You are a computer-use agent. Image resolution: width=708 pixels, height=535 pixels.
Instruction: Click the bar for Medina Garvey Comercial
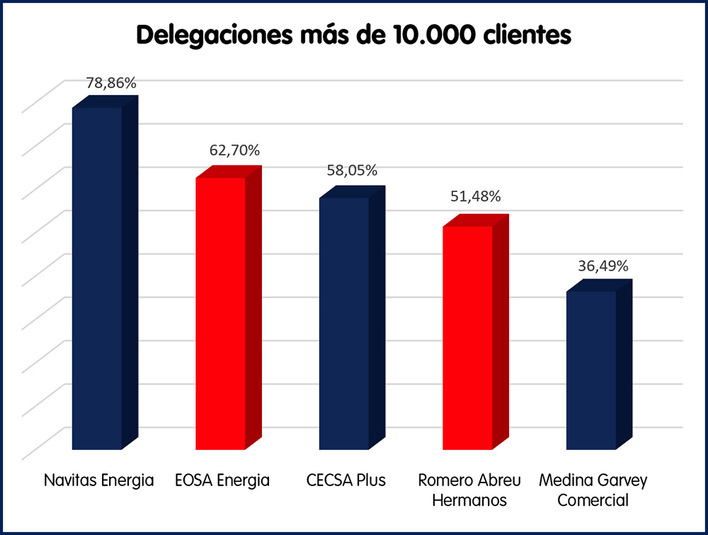(x=591, y=369)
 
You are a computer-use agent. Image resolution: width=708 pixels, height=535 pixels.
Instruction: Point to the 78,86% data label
(x=111, y=83)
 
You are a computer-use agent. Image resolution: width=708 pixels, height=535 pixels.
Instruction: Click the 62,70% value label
(x=234, y=150)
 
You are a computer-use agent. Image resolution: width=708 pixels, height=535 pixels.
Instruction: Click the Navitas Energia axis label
(x=98, y=480)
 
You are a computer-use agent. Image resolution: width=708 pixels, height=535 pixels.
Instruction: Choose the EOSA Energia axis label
(x=222, y=480)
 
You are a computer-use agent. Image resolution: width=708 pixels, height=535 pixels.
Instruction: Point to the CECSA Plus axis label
(x=346, y=480)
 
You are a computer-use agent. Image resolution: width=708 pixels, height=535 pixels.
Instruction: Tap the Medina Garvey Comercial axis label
(x=593, y=490)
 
